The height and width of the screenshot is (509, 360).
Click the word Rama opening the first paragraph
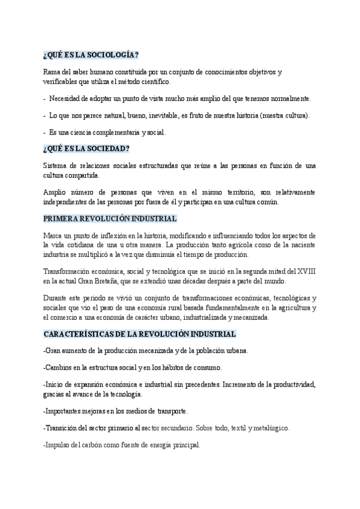52,72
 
